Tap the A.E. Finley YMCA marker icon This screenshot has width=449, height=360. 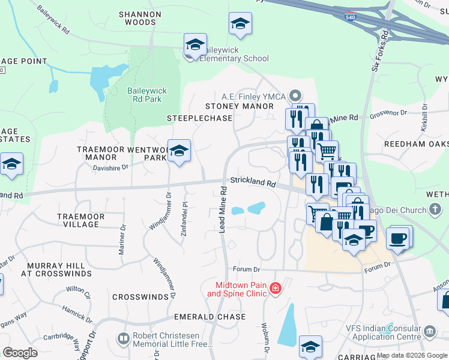tap(295, 96)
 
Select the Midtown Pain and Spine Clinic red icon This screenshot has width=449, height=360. tap(275, 289)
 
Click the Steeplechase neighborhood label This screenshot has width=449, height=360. tap(199, 118)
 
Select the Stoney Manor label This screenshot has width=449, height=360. tap(247, 106)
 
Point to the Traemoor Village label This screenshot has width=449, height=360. tap(81, 220)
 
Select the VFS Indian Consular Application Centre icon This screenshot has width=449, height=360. tap(429, 331)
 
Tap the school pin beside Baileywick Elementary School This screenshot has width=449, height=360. tap(195, 45)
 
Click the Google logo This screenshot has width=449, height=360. tap(20, 353)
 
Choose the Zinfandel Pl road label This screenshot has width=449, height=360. tap(184, 215)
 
